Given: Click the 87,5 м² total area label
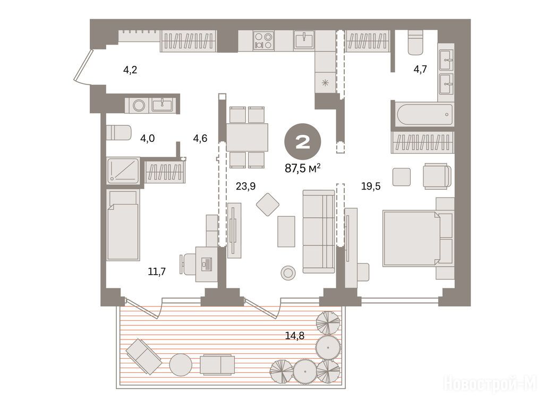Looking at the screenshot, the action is point(302,168).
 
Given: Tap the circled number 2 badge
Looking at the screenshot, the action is point(302,141).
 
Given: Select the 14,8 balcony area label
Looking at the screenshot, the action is point(294,336).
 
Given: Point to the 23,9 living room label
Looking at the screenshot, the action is point(245,186).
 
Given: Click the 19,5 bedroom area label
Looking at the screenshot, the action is point(370,186).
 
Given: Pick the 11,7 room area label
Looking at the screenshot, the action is point(157,271).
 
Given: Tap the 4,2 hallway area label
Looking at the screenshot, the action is point(130,70).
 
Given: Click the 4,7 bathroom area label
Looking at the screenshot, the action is point(420,70).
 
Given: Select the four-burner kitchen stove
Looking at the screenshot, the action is point(263,40).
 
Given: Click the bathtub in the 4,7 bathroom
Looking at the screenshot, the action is point(424,114).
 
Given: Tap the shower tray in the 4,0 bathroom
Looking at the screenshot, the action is point(123,171).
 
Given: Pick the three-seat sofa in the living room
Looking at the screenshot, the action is point(319,232).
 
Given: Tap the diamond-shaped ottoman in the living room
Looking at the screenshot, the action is point(268,205).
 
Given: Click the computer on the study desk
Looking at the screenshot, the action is point(207,263).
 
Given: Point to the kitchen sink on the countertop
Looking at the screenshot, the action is point(304,40).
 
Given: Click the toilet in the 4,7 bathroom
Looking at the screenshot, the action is point(415,43).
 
